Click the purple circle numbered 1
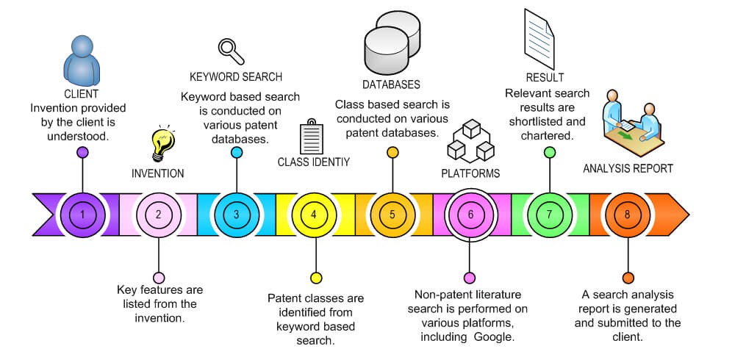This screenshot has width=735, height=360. click(82, 215)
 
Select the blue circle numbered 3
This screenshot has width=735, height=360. click(236, 215)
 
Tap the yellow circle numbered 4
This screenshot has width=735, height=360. click(315, 215)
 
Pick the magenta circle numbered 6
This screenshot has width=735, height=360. click(470, 215)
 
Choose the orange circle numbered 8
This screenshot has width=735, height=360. click(627, 215)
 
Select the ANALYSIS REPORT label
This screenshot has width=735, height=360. click(628, 168)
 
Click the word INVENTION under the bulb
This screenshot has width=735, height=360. click(157, 174)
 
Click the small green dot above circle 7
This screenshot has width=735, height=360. click(549, 152)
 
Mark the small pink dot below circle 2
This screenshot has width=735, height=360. click(158, 278)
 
